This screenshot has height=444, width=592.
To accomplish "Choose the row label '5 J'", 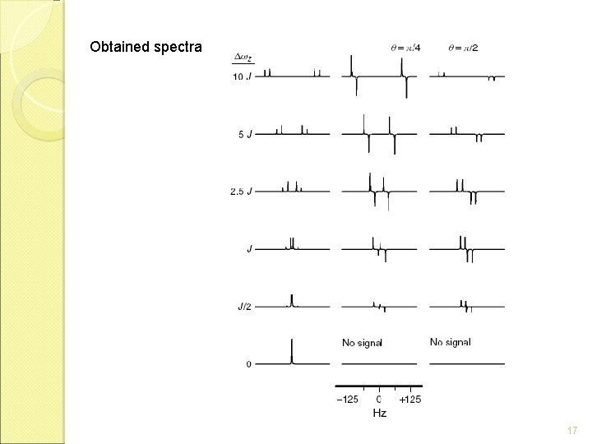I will pyautogui.click(x=245, y=134).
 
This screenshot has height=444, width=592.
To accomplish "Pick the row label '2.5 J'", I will pyautogui.click(x=242, y=192).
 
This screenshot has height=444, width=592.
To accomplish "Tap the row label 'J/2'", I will pyautogui.click(x=244, y=307).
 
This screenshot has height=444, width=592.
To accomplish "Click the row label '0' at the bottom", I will pyautogui.click(x=248, y=363).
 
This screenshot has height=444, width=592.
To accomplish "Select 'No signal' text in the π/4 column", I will pyautogui.click(x=362, y=342).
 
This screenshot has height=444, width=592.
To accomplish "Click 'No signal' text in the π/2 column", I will pyautogui.click(x=451, y=342).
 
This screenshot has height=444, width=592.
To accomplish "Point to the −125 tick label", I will pyautogui.click(x=348, y=399).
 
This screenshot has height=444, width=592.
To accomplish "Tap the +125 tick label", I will pyautogui.click(x=409, y=399).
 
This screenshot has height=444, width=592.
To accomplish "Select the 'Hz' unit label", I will pyautogui.click(x=379, y=412).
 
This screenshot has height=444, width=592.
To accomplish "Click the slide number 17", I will pyautogui.click(x=572, y=430).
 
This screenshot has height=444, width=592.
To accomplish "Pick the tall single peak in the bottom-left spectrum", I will pyautogui.click(x=292, y=349).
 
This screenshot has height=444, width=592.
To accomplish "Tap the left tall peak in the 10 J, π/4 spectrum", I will pyautogui.click(x=352, y=66).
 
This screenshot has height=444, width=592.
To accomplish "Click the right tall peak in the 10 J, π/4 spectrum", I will pyautogui.click(x=403, y=66).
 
